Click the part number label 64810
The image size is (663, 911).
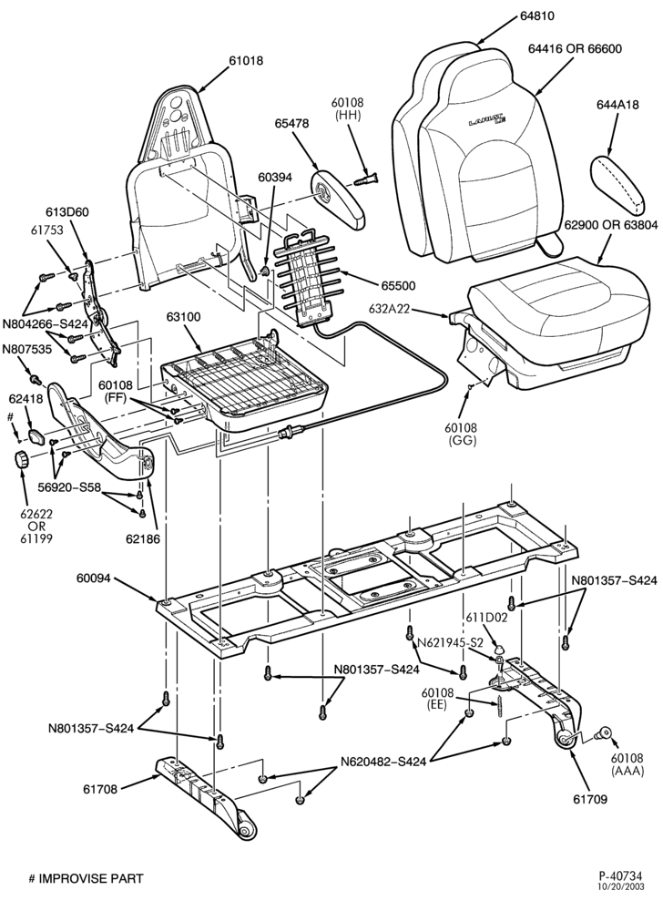coord(537,16)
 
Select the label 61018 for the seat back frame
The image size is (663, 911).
coord(246,60)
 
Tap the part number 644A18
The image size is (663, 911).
coord(617,105)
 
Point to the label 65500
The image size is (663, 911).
coord(398,285)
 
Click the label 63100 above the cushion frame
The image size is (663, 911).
coord(183,317)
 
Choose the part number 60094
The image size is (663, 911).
coord(94,578)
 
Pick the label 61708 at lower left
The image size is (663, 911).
coord(100,789)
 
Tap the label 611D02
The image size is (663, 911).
coord(486,618)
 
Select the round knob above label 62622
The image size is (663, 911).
coord(22,459)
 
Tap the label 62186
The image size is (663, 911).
coord(143,538)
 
